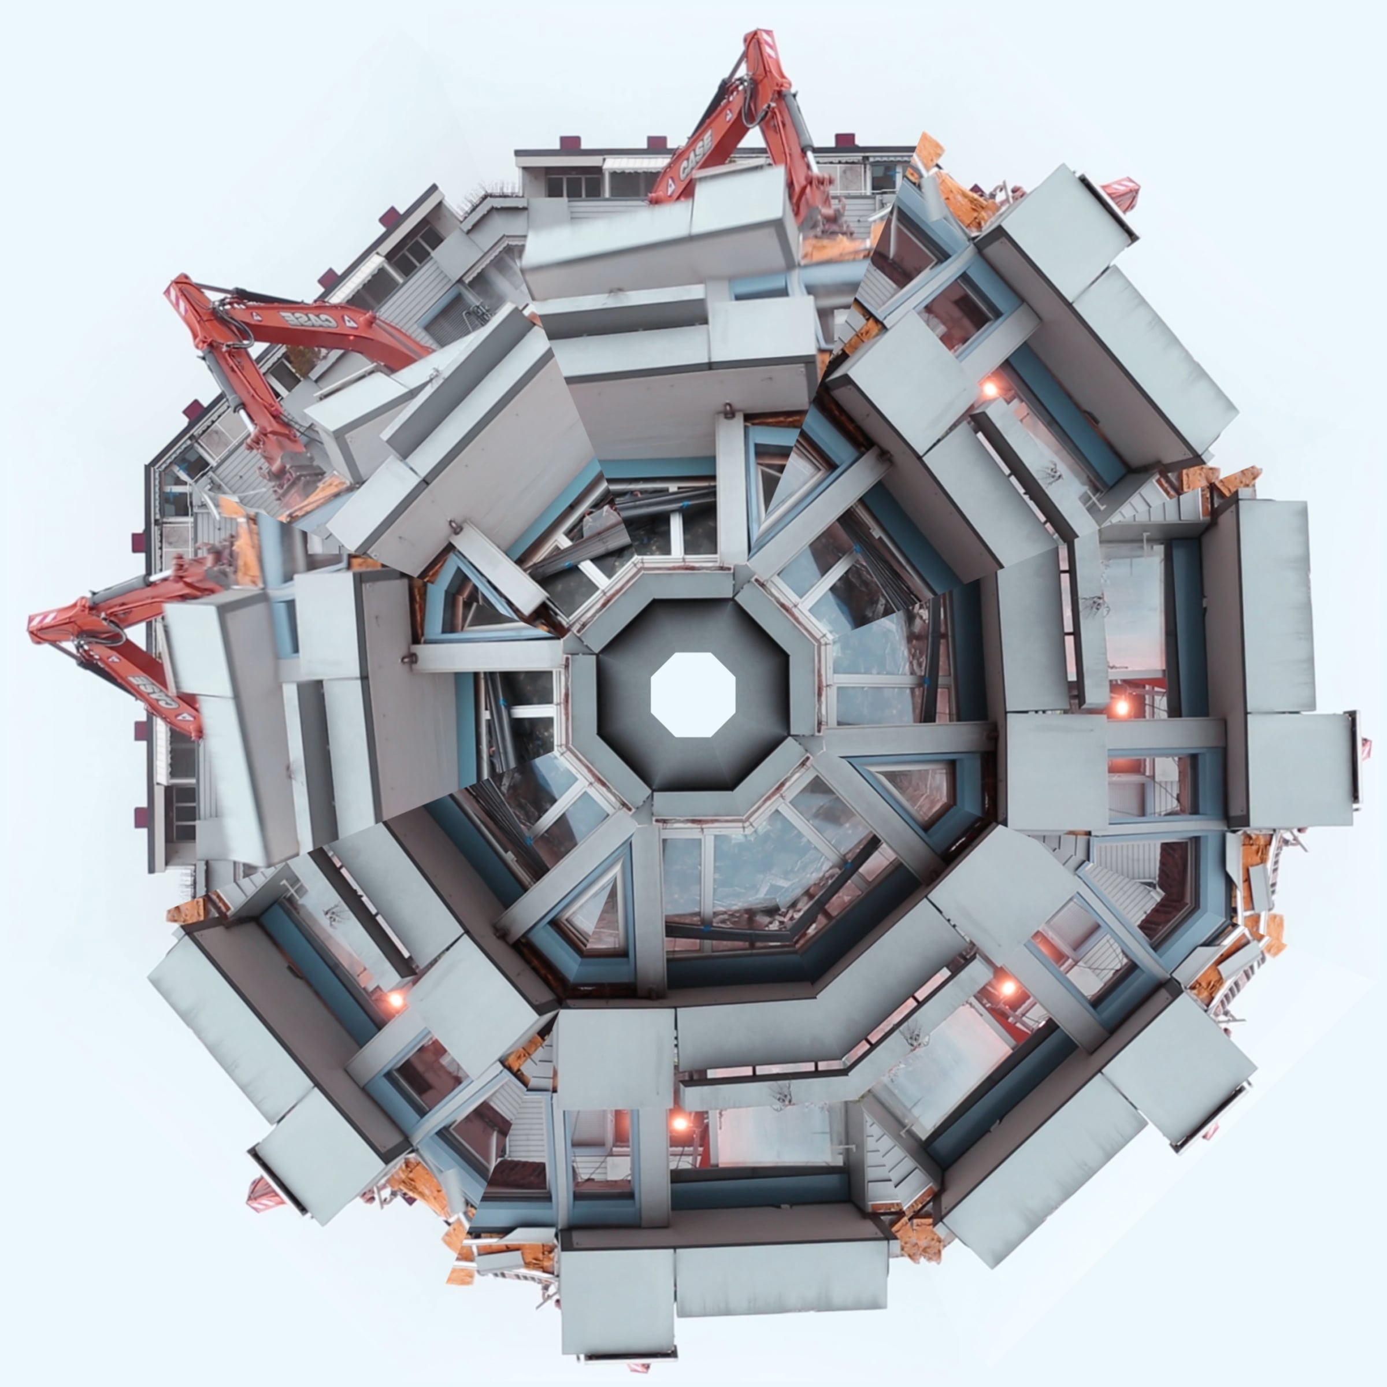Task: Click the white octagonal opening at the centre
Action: click(x=693, y=694)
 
